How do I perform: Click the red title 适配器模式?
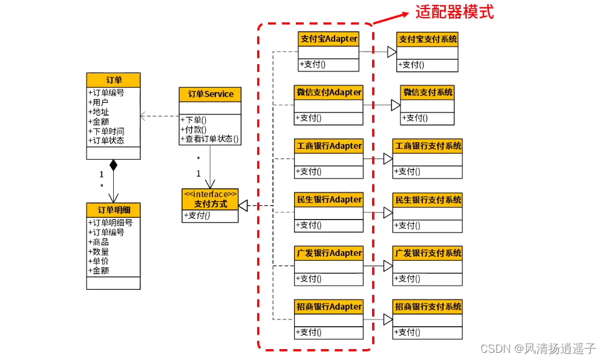pyautogui.click(x=454, y=12)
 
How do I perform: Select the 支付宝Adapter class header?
pyautogui.click(x=329, y=39)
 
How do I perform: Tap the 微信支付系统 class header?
pyautogui.click(x=428, y=92)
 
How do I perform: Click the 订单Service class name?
pyautogui.click(x=211, y=94)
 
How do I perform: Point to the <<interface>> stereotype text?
pyautogui.click(x=211, y=194)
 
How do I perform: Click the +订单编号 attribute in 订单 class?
pyautogui.click(x=106, y=93)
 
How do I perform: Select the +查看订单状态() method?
pyautogui.click(x=209, y=139)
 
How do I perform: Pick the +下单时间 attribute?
pyautogui.click(x=106, y=131)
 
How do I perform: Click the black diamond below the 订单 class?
pyautogui.click(x=114, y=165)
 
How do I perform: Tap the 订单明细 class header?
pyautogui.click(x=114, y=210)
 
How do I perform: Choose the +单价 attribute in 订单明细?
pyautogui.click(x=99, y=261)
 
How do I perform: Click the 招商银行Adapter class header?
pyautogui.click(x=329, y=307)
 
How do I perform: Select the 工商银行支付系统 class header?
pyautogui.click(x=428, y=146)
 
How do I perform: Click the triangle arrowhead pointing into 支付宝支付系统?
pyautogui.click(x=392, y=51)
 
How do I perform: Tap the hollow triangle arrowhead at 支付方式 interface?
pyautogui.click(x=243, y=205)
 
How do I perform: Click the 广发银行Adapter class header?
pyautogui.click(x=329, y=254)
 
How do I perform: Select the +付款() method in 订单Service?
pyautogui.click(x=194, y=129)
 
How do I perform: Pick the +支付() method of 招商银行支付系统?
pyautogui.click(x=407, y=332)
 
